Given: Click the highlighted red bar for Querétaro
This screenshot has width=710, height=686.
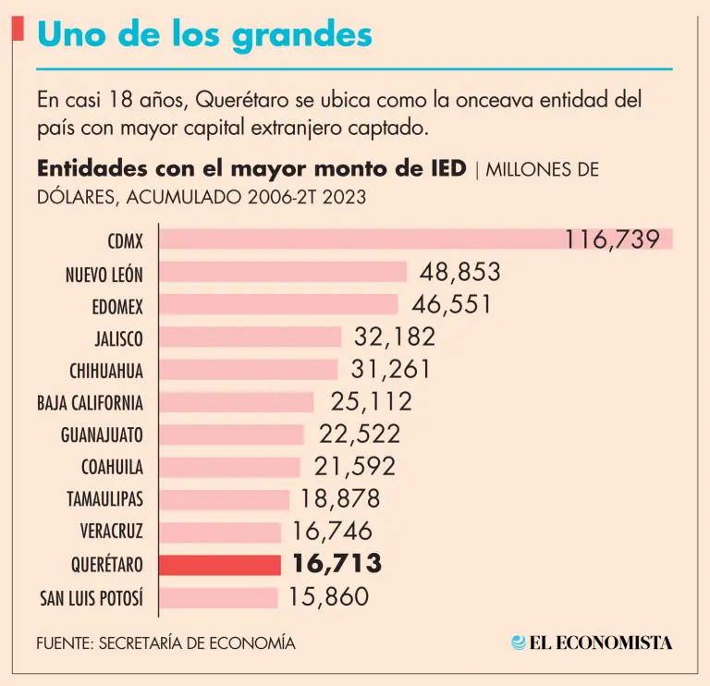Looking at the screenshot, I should (x=220, y=564).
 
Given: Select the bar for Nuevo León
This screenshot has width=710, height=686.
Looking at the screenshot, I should (x=283, y=272).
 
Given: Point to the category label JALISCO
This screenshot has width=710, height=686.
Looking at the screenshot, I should (x=118, y=337).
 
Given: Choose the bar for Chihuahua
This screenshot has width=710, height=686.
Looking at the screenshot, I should (x=249, y=370).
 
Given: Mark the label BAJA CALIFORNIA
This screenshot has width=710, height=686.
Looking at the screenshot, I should (x=90, y=402).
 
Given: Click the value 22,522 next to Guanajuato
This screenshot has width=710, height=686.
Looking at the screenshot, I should (x=360, y=434).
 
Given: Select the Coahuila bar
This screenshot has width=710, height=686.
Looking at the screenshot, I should (x=230, y=467).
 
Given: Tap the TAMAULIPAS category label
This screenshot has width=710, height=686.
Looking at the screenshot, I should (x=104, y=499).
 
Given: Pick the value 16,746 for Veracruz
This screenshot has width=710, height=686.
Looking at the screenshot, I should (x=332, y=531).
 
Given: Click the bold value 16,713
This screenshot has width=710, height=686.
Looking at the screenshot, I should (x=337, y=564).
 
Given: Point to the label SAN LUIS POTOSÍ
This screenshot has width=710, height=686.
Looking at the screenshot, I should (x=92, y=597).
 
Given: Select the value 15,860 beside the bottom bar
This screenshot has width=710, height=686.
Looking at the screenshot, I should (x=329, y=596).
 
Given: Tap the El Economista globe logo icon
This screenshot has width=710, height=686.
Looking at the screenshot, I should (x=520, y=643).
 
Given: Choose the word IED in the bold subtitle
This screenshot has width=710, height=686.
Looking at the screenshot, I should (x=447, y=170).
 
